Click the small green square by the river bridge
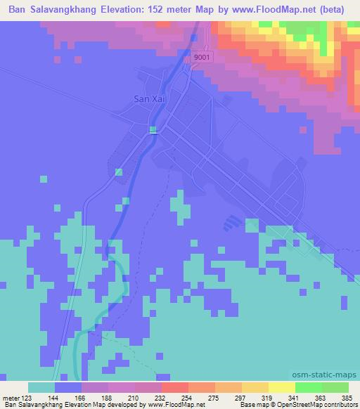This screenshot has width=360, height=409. pos(153,129)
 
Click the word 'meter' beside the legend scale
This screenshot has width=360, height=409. pos(13,397)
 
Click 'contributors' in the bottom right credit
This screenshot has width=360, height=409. pos(338,405)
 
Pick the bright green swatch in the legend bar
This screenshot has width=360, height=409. pos(309,387)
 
